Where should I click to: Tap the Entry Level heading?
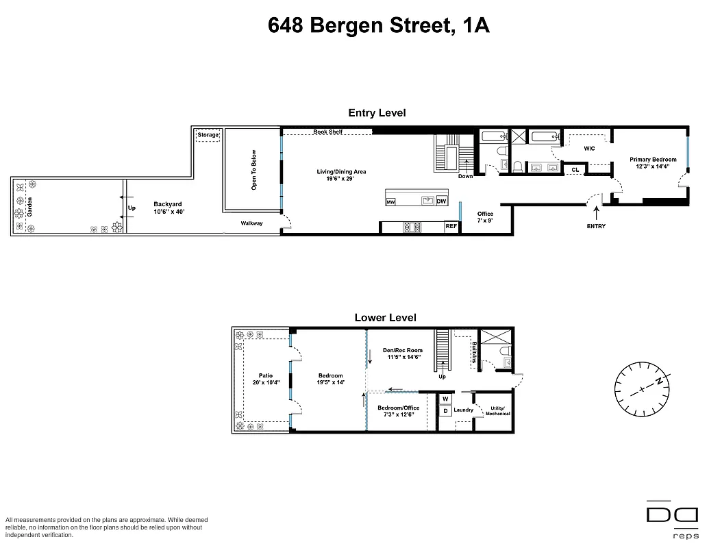[377, 113]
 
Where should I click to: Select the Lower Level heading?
[385, 318]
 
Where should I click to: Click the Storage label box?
[208, 135]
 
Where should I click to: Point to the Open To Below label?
[253, 169]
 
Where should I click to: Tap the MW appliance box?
[390, 202]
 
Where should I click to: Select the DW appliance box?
[441, 201]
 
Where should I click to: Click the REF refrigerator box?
[451, 225]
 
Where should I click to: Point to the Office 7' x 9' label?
[485, 217]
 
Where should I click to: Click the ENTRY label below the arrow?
[596, 226]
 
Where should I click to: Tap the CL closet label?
[575, 169]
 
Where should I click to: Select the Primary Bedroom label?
[653, 163]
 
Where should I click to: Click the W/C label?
[588, 148]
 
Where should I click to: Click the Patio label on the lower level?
[266, 379]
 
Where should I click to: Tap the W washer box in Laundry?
[445, 399]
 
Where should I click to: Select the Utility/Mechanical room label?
[497, 411]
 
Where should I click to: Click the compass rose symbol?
[641, 388]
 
